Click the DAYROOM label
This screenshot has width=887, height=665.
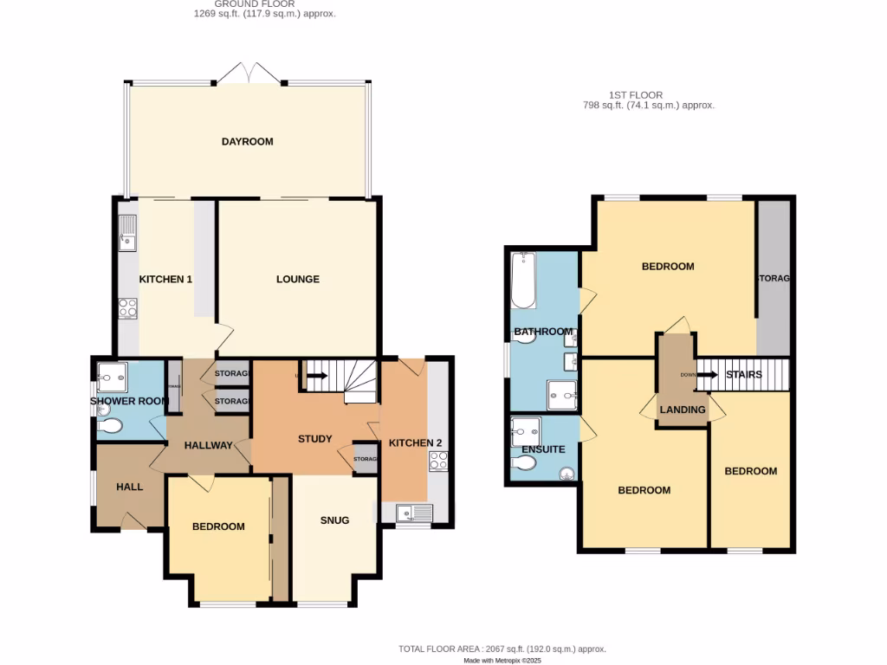click(x=247, y=141)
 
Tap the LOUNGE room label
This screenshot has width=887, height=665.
click(x=297, y=279)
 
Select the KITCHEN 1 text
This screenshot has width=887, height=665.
click(x=165, y=279)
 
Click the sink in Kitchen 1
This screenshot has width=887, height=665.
click(x=127, y=232)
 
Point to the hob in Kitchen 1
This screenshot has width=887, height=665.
click(x=127, y=307)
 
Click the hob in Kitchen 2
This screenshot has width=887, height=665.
click(x=438, y=461)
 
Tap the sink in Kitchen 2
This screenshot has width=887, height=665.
click(x=414, y=513)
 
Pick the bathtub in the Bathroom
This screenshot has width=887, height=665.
click(x=522, y=281)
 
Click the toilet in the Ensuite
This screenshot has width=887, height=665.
click(x=522, y=463)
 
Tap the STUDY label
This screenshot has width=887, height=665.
click(x=314, y=439)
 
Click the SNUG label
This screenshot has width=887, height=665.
click(x=334, y=520)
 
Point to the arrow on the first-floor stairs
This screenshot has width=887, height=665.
click(x=708, y=375)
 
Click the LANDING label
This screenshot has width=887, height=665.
click(x=683, y=410)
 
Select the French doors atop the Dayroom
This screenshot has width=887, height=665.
click(x=249, y=74)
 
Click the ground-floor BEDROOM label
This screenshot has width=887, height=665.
click(x=218, y=526)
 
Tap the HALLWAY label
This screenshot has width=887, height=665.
click(x=208, y=446)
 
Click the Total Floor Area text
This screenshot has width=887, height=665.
click(x=502, y=649)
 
